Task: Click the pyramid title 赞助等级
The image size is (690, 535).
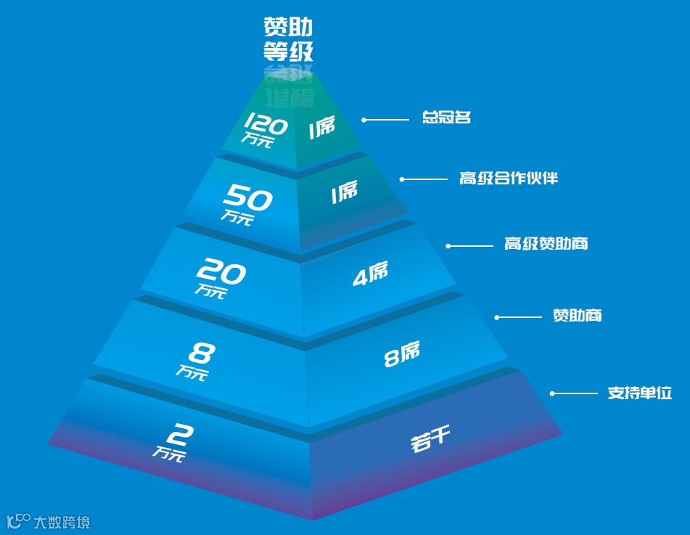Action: click(288, 39)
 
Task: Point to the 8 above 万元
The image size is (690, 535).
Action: click(200, 354)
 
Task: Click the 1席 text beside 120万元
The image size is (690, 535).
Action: click(322, 128)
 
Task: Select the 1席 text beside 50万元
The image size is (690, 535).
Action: click(344, 192)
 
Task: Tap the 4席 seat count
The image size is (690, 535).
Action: click(370, 274)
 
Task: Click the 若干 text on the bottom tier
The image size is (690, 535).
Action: click(431, 440)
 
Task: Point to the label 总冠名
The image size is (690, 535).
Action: click(447, 117)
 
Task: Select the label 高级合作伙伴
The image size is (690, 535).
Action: click(509, 178)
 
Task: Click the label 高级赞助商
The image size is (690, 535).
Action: click(546, 244)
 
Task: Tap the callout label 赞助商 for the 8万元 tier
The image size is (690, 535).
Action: click(577, 316)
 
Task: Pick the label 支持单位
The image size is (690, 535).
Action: click(639, 393)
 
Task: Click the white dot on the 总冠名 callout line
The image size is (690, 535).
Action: click(364, 120)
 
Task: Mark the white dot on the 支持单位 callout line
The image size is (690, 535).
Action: click(552, 393)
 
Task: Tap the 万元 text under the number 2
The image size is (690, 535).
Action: click(169, 455)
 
